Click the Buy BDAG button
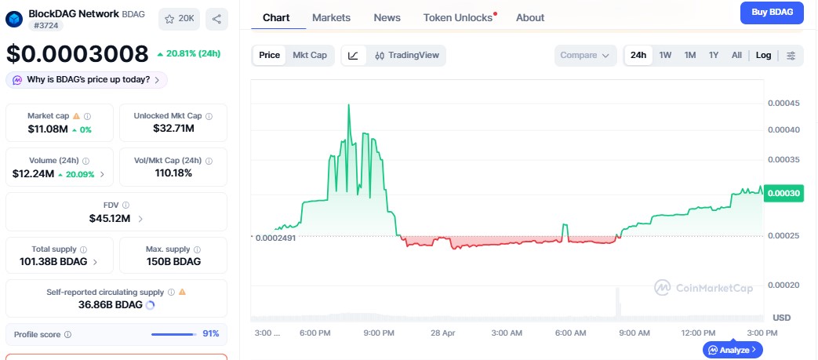772,13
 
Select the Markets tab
331,17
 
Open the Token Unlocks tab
458,17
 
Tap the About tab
530,17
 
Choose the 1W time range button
665,55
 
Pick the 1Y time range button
714,55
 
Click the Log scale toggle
763,55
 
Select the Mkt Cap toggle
310,55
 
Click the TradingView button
406,55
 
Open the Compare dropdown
584,55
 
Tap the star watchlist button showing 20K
178,19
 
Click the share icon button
216,19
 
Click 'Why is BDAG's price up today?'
86,79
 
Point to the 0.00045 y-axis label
783,104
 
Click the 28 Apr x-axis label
443,333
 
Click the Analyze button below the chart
733,350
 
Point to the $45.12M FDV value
111,218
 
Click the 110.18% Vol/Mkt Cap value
173,173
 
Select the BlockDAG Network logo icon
15,19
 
